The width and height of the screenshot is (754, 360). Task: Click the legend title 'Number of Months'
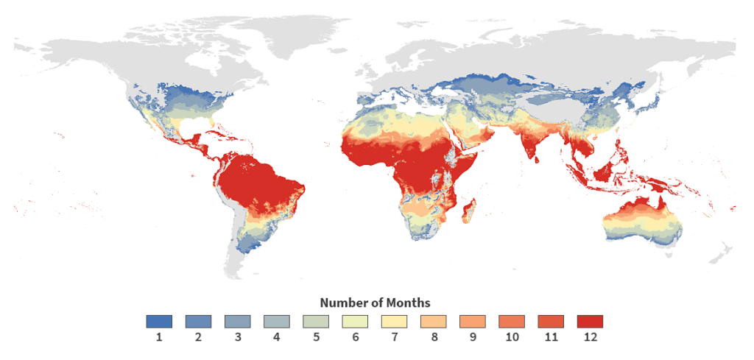coord(375,303)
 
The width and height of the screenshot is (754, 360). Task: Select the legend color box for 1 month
coord(159,322)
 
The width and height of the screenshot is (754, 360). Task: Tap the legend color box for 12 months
coord(590,322)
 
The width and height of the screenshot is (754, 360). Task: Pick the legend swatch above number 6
coord(355,322)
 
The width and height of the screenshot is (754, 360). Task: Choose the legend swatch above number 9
coord(472,322)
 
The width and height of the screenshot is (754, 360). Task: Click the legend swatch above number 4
coord(276,322)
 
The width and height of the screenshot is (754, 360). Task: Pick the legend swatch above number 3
coord(237,322)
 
